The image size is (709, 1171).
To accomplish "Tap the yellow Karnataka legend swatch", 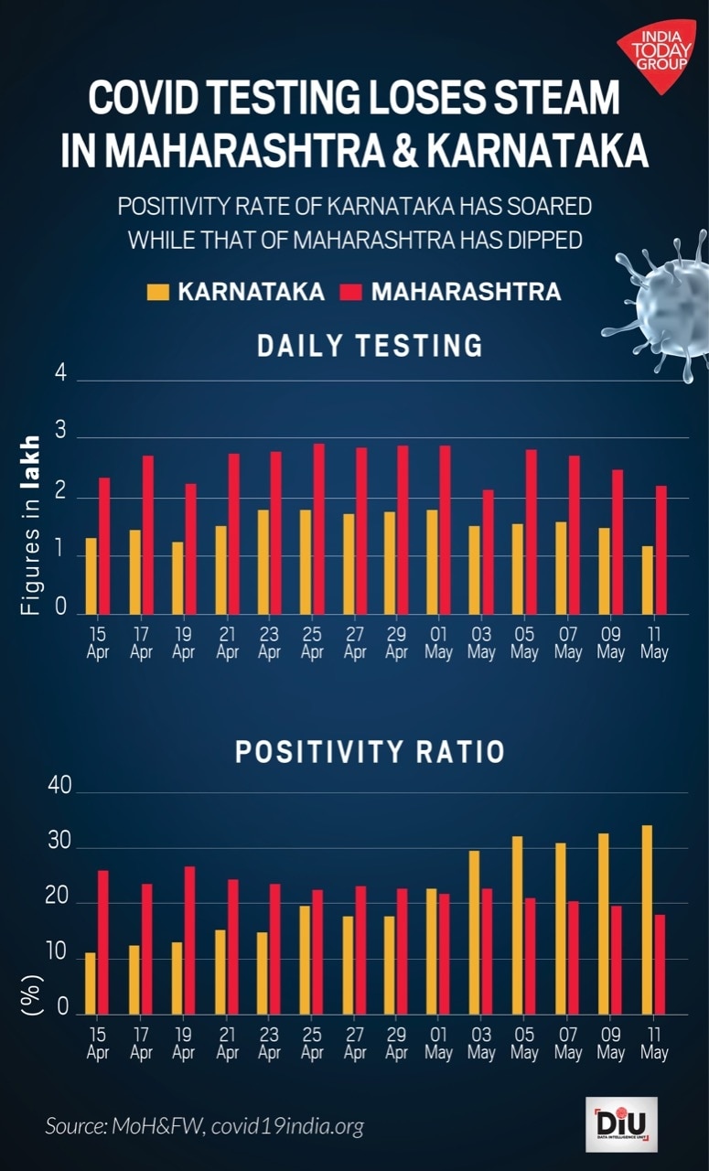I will click(x=157, y=292).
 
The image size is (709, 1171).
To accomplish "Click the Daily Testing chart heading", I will click(x=370, y=346).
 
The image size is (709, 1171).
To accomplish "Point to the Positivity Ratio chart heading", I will click(x=370, y=752).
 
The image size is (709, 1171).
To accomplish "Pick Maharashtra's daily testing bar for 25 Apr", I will click(x=318, y=529).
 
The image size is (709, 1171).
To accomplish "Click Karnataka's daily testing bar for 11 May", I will click(x=648, y=580).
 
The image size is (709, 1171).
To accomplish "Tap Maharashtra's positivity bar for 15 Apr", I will click(x=103, y=942).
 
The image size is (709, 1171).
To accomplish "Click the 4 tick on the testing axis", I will click(x=61, y=376).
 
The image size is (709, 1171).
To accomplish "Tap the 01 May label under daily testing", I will click(x=438, y=642).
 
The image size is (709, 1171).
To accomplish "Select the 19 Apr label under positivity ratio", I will click(x=183, y=1043).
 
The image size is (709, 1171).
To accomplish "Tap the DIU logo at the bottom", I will click(x=621, y=1123).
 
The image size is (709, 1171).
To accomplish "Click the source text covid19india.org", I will click(x=287, y=1126).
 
